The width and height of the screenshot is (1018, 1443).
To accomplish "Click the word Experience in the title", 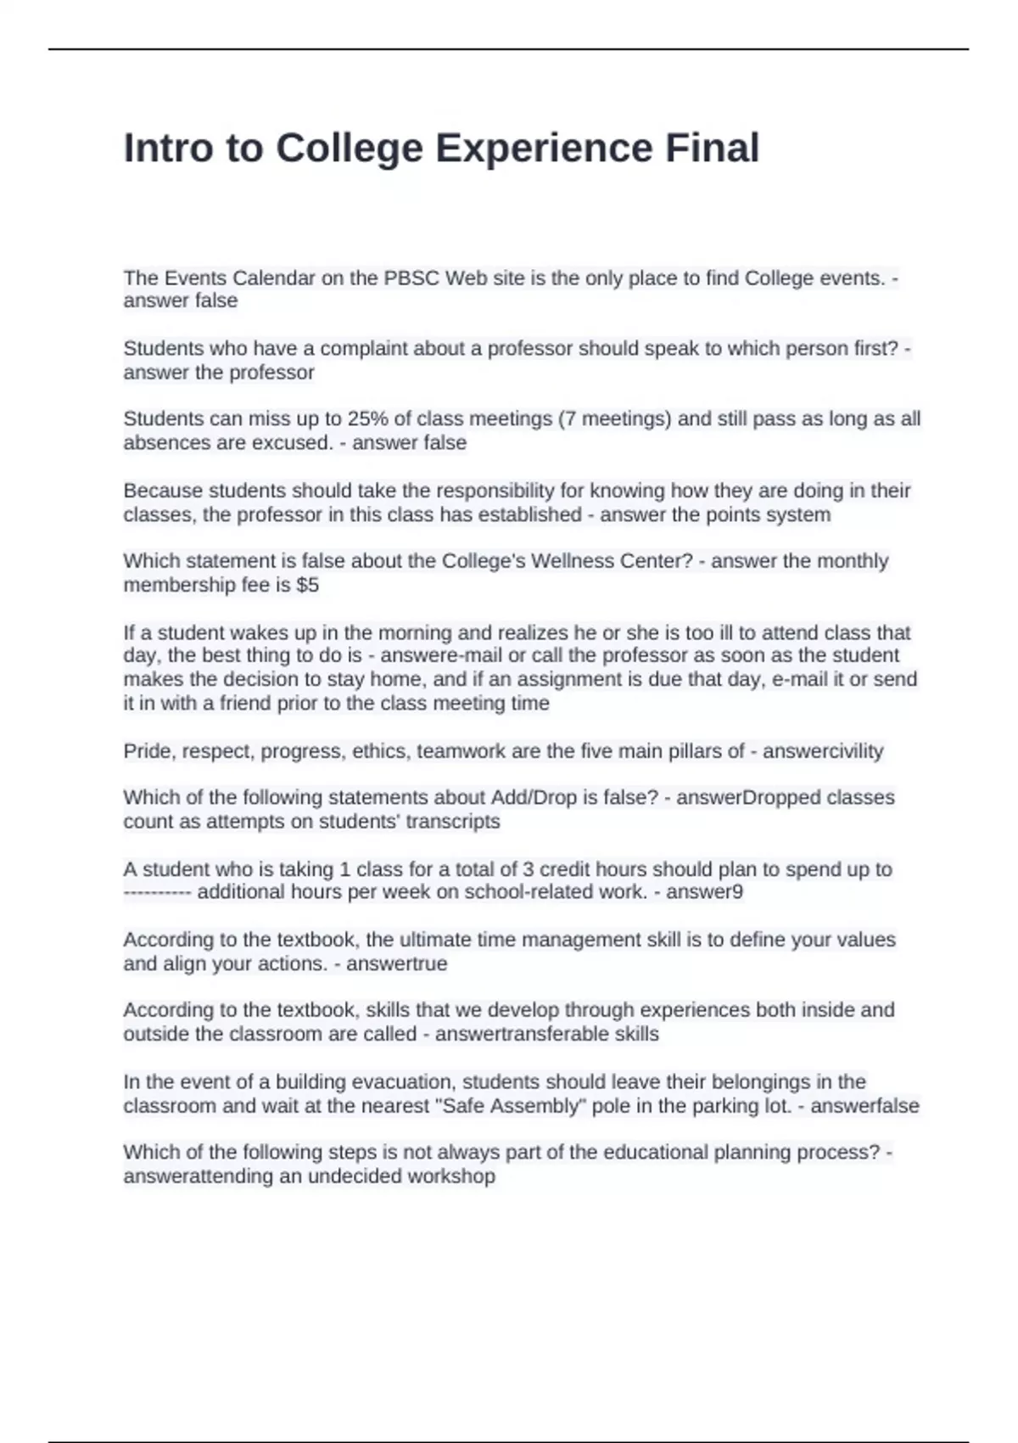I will coord(544,149).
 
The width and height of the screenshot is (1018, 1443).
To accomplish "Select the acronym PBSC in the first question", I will coord(411,278).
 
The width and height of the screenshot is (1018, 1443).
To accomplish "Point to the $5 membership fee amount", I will coord(308,585).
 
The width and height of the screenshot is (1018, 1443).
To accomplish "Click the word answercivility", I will coord(823,751).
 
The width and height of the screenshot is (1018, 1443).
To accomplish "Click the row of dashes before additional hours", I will coord(158,892).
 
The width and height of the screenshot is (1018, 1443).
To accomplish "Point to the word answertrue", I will coord(396,963).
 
